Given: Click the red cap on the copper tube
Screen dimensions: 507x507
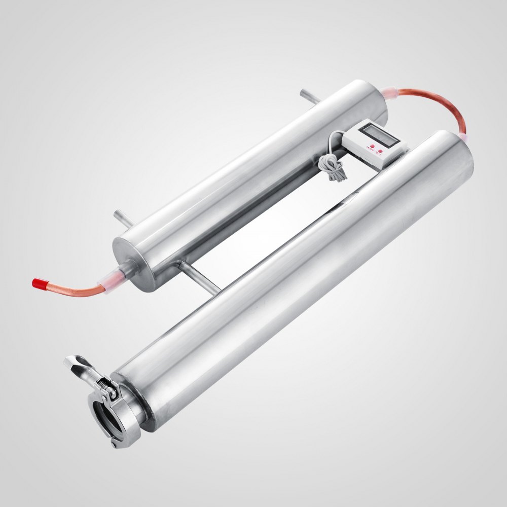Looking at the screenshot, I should click(x=38, y=281).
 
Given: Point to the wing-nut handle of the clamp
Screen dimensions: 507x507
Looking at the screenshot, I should click(x=76, y=364).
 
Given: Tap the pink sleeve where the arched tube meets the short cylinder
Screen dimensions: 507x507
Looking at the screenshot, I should click(x=392, y=96).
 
